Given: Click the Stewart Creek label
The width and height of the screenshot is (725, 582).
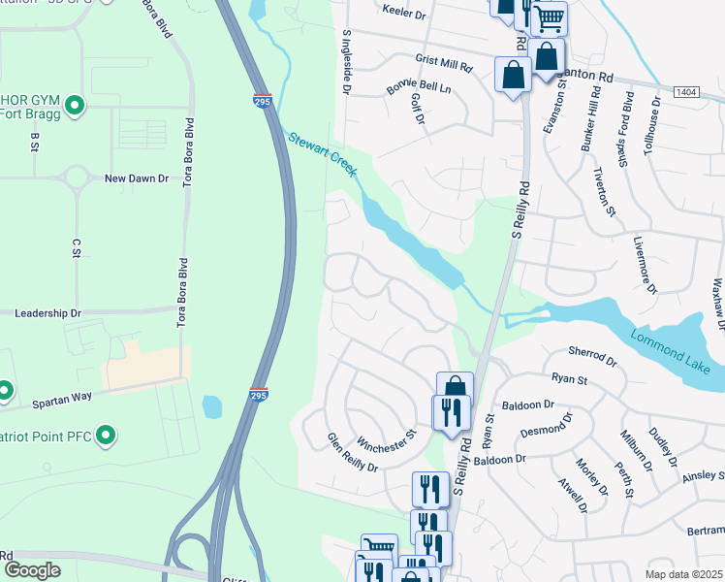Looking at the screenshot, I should pos(324,155).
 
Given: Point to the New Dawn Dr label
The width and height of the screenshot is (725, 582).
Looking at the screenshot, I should pos(137,178).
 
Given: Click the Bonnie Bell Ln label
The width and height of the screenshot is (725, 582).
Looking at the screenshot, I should pos(419,87).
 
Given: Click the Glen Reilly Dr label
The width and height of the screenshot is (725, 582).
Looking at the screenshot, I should pos(351,452).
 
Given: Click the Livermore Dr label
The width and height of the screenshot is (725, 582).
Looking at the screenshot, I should pos(646,264).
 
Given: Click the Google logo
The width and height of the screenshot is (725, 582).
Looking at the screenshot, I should pos(33,570).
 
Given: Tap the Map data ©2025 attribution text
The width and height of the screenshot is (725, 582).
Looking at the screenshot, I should pos(683,574).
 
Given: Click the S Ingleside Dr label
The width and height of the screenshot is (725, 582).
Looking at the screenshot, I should pos(345,61).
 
